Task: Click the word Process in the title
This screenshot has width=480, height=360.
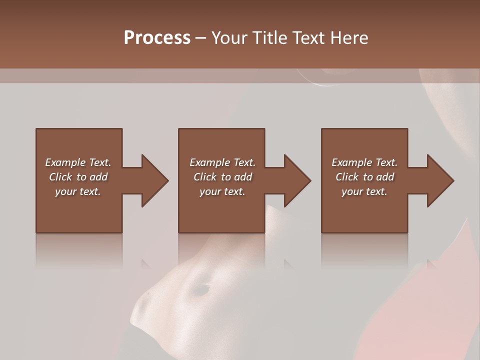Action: point(157,38)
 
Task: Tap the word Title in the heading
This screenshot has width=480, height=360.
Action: point(268,38)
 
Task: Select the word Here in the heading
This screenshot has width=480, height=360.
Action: point(349,38)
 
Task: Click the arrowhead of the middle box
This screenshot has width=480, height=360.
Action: point(297,180)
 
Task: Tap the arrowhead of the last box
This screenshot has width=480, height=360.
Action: point(440,180)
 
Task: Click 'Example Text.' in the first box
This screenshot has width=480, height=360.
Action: point(78,162)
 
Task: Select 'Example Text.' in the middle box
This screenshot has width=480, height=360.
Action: point(222,162)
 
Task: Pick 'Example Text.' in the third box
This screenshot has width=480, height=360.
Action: point(364,162)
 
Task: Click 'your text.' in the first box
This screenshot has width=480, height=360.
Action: point(78,191)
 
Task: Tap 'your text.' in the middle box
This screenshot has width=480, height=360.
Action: point(222,191)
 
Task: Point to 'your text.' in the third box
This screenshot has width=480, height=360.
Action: point(364,191)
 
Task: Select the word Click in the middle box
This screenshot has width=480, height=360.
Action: point(205,177)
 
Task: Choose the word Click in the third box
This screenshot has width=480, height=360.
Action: point(347,177)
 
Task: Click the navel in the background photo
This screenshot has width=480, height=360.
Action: point(201,289)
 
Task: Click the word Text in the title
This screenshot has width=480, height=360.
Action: point(308,38)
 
